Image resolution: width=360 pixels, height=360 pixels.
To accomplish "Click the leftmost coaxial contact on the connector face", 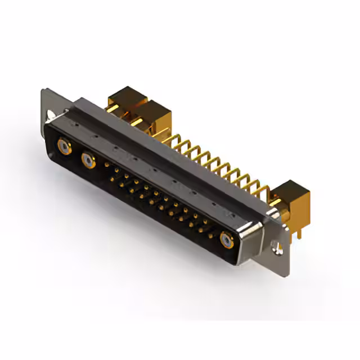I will [x=64, y=147].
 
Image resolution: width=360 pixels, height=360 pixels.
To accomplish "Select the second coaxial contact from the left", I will [x=88, y=161].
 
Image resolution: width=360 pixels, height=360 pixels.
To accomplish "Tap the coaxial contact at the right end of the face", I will [x=227, y=240].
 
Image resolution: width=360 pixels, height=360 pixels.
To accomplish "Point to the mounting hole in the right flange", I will [x=275, y=245].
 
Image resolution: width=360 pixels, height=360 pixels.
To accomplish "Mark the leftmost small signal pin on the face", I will [x=107, y=165].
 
